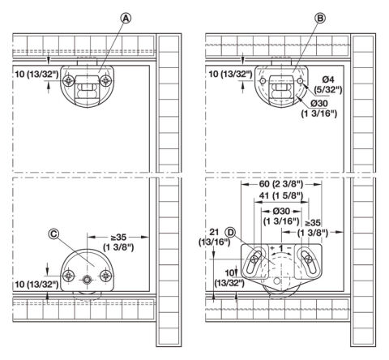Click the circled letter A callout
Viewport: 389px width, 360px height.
(126, 19)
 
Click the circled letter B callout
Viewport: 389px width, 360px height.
(320, 19)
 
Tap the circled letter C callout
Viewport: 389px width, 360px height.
(53, 234)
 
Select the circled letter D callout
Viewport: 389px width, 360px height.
(230, 233)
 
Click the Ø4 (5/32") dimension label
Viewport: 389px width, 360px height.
(328, 84)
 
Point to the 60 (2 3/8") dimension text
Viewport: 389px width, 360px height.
(281, 184)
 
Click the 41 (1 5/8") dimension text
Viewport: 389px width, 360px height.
(281, 195)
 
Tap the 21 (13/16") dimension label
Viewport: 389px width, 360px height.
(215, 237)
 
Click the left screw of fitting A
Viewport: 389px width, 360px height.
(69, 80)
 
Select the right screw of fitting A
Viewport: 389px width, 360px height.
(105, 80)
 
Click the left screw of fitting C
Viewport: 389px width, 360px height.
(69, 276)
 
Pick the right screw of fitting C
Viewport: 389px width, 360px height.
(105, 276)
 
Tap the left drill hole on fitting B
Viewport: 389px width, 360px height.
(263, 81)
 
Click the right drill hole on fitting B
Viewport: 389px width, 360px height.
(300, 81)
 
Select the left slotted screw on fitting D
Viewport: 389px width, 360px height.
(254, 259)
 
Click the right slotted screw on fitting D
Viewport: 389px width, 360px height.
(308, 259)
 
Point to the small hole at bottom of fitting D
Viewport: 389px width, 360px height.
(276, 281)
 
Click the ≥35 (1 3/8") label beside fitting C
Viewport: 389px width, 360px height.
(118, 242)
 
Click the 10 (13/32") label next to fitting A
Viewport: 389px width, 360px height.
(37, 75)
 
